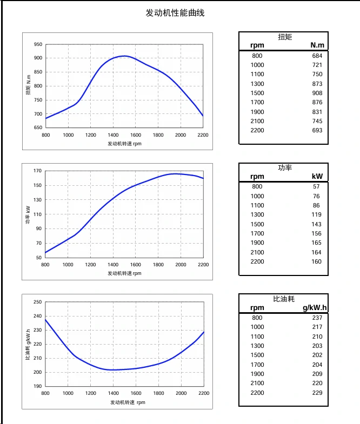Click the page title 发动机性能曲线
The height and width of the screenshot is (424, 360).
[x=175, y=13]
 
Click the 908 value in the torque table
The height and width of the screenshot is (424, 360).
[x=317, y=93]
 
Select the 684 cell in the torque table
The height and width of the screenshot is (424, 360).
[x=317, y=56]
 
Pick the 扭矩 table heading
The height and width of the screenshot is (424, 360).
[x=284, y=37]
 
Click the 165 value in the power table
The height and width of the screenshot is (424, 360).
[x=316, y=243]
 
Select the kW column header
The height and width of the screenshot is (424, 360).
[x=317, y=177]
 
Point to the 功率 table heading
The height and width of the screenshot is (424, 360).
[x=284, y=168]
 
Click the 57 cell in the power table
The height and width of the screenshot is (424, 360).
[x=316, y=187]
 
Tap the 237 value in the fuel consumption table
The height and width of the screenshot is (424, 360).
[x=317, y=318]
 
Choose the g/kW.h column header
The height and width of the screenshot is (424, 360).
[x=315, y=308]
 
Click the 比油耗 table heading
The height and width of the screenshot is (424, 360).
[x=284, y=299]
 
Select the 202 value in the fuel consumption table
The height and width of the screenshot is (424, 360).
[x=317, y=355]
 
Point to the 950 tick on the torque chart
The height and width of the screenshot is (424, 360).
[x=38, y=44]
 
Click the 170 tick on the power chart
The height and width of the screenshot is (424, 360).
[x=38, y=171]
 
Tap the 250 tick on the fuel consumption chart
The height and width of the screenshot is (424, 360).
[x=38, y=302]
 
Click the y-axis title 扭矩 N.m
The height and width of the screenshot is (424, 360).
[x=28, y=86]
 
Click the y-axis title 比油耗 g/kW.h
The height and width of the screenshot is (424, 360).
[x=28, y=344]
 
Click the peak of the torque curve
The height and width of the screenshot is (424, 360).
[x=124, y=56]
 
